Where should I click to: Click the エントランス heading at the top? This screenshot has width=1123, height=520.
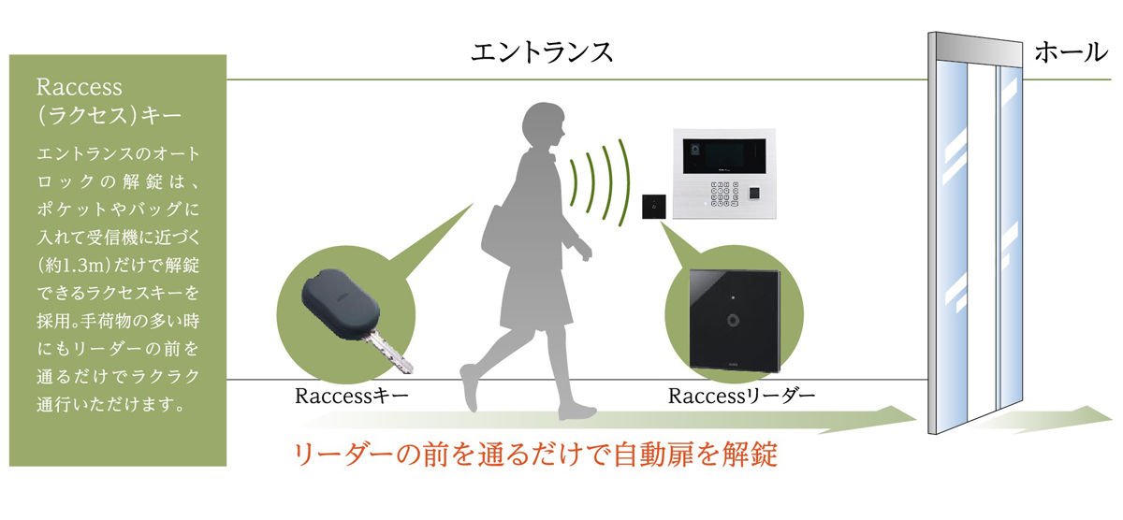point(542,51)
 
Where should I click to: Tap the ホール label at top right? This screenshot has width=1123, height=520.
point(1071,52)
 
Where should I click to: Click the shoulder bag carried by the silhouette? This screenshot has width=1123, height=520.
point(504,230)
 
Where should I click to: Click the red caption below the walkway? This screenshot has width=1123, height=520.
point(535,455)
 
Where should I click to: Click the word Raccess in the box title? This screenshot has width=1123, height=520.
point(80,87)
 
